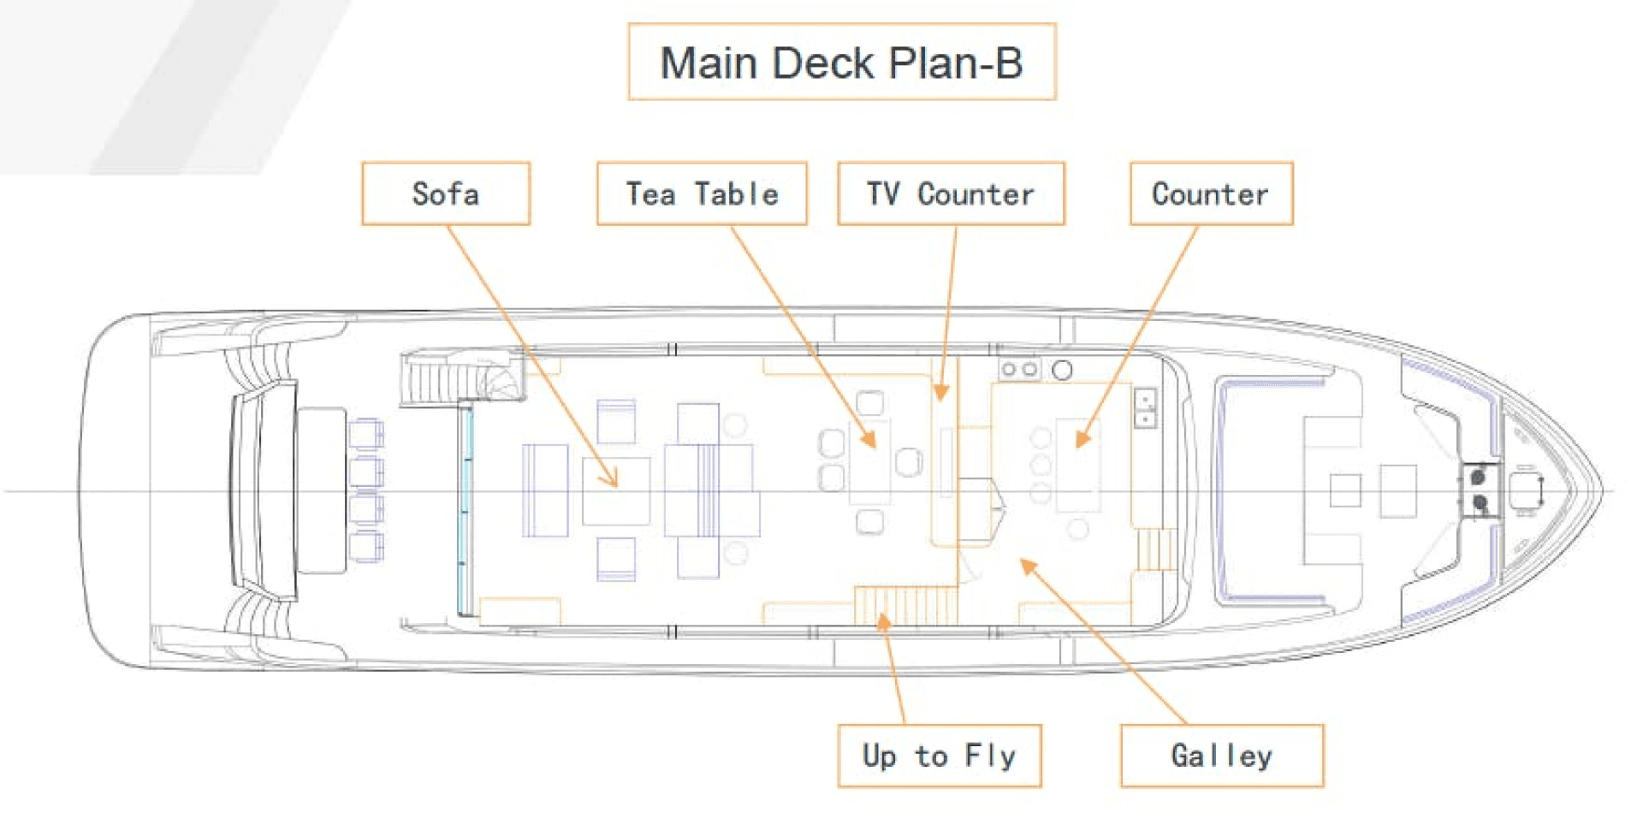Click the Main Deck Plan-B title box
pos(841,62)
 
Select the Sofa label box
pos(446,194)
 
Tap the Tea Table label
pos(702,194)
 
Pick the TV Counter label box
pos(951,194)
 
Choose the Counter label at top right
pos(1211,194)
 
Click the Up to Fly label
pos(939,756)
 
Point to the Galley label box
pos(1221,756)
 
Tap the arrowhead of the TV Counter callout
pos(941,394)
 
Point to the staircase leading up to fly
pos(905,605)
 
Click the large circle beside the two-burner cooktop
pos(1062,371)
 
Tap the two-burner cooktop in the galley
pos(1019,370)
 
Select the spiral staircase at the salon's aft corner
pos(462,377)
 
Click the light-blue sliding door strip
pos(466,509)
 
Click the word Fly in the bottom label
pos(990,756)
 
